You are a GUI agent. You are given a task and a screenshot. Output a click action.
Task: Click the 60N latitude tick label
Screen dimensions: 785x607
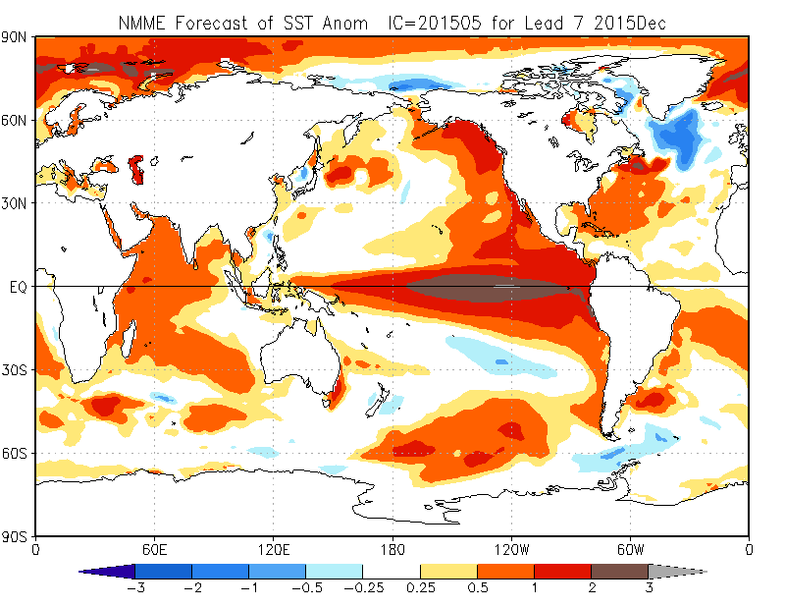pyautogui.click(x=13, y=120)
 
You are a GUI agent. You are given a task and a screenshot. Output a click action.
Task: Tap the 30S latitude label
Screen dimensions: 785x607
pyautogui.click(x=13, y=370)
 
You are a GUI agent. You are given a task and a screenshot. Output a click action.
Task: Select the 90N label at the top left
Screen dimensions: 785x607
pyautogui.click(x=13, y=37)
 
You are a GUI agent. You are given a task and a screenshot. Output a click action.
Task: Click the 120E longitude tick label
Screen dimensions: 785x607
pyautogui.click(x=274, y=550)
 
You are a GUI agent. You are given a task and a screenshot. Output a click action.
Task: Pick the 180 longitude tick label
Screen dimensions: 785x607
pyautogui.click(x=392, y=550)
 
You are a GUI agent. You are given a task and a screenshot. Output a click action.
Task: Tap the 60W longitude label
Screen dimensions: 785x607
pyautogui.click(x=630, y=550)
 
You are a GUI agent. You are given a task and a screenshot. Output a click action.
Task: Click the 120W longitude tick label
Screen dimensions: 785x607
pyautogui.click(x=511, y=550)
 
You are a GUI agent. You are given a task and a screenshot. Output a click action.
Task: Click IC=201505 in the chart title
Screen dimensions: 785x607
pyautogui.click(x=435, y=23)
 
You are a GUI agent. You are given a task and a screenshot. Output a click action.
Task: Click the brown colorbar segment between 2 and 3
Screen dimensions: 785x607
pyautogui.click(x=620, y=572)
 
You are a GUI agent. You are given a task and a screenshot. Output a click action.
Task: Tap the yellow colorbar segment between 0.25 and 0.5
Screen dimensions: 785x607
pyautogui.click(x=448, y=572)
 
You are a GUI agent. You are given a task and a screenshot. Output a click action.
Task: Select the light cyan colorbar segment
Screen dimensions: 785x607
pyautogui.click(x=335, y=572)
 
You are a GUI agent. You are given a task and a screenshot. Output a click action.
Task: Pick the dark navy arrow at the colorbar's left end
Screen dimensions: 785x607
pyautogui.click(x=107, y=572)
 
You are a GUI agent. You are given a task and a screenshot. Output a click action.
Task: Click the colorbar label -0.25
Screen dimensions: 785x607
pyautogui.click(x=364, y=587)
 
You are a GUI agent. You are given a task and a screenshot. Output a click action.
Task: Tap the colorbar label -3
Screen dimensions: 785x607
pyautogui.click(x=135, y=587)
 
